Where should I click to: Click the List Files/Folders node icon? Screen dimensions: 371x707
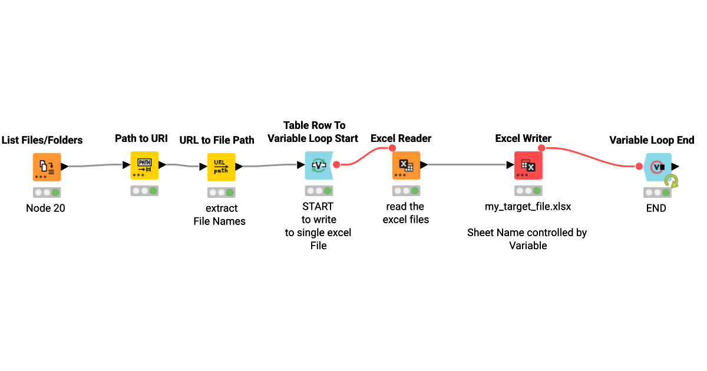coord(47,167)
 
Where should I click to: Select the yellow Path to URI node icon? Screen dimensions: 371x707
coord(144,165)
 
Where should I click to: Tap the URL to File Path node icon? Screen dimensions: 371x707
coord(221,167)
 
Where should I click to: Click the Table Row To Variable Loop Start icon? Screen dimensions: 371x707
coord(319,165)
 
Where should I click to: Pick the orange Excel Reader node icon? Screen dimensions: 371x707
coord(406,165)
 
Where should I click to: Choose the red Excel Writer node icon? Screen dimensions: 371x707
coord(528,165)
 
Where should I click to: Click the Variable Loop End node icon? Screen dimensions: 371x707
coord(657,167)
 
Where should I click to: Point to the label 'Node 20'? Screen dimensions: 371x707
coord(46,208)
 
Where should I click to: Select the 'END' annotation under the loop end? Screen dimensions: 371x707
coord(656,208)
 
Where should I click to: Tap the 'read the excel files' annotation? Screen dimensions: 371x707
coord(405,213)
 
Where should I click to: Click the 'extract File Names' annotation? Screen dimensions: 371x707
coord(221,214)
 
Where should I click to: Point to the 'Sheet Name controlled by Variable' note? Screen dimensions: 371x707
coord(527,238)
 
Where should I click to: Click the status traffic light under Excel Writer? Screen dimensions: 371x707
coord(528,191)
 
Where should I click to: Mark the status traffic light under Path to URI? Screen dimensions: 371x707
coord(144,191)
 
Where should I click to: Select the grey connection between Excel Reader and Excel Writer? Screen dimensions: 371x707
coord(465,165)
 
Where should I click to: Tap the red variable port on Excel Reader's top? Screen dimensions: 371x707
coord(392,148)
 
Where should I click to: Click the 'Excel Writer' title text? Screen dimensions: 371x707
coord(523,138)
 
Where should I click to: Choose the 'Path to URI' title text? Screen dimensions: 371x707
coord(141,138)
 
